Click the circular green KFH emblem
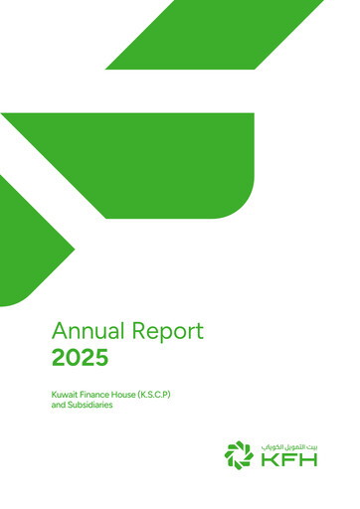tap(239, 454)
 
